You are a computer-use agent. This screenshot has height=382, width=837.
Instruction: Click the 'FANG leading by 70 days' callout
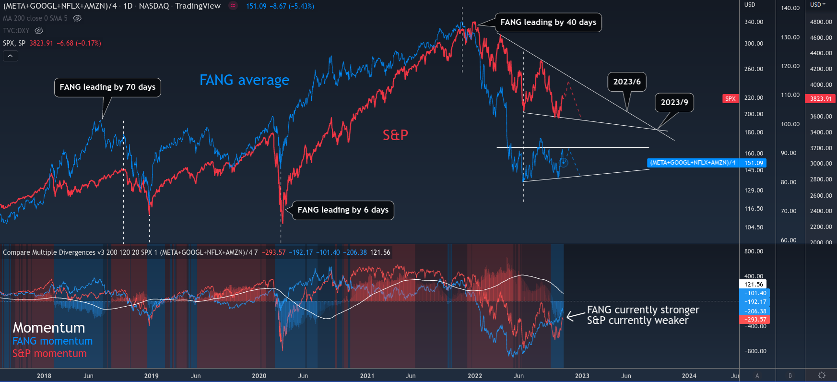click(x=107, y=87)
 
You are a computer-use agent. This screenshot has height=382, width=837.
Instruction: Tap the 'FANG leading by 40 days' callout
click(x=548, y=23)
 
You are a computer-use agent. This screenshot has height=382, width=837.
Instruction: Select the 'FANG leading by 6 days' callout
click(x=343, y=210)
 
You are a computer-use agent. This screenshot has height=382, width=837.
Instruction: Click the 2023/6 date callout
click(x=626, y=82)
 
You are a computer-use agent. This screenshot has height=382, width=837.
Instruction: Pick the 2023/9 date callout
click(x=674, y=102)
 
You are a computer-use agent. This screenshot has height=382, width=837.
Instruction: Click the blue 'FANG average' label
click(x=244, y=80)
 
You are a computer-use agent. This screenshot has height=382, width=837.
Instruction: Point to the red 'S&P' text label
click(x=395, y=135)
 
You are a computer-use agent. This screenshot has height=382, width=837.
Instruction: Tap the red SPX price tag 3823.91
click(x=821, y=99)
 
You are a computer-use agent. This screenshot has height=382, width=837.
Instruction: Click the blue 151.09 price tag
click(x=754, y=163)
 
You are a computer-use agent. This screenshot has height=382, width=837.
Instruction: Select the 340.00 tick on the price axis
click(x=754, y=22)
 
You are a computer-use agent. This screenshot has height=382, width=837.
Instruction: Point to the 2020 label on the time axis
click(x=259, y=376)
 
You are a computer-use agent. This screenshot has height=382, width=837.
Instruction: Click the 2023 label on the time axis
click(x=582, y=376)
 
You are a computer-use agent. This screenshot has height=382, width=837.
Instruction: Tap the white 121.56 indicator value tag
click(x=754, y=285)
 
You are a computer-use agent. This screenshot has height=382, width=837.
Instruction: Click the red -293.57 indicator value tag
click(x=755, y=320)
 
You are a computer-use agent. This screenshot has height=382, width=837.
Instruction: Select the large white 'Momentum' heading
click(x=49, y=328)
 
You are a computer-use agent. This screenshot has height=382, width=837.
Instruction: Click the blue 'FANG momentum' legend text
click(x=52, y=341)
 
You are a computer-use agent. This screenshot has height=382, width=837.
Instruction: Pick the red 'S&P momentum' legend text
click(x=49, y=354)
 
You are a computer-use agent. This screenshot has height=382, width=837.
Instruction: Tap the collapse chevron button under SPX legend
click(x=11, y=56)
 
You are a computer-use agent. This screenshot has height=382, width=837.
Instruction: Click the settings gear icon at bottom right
click(x=821, y=375)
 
